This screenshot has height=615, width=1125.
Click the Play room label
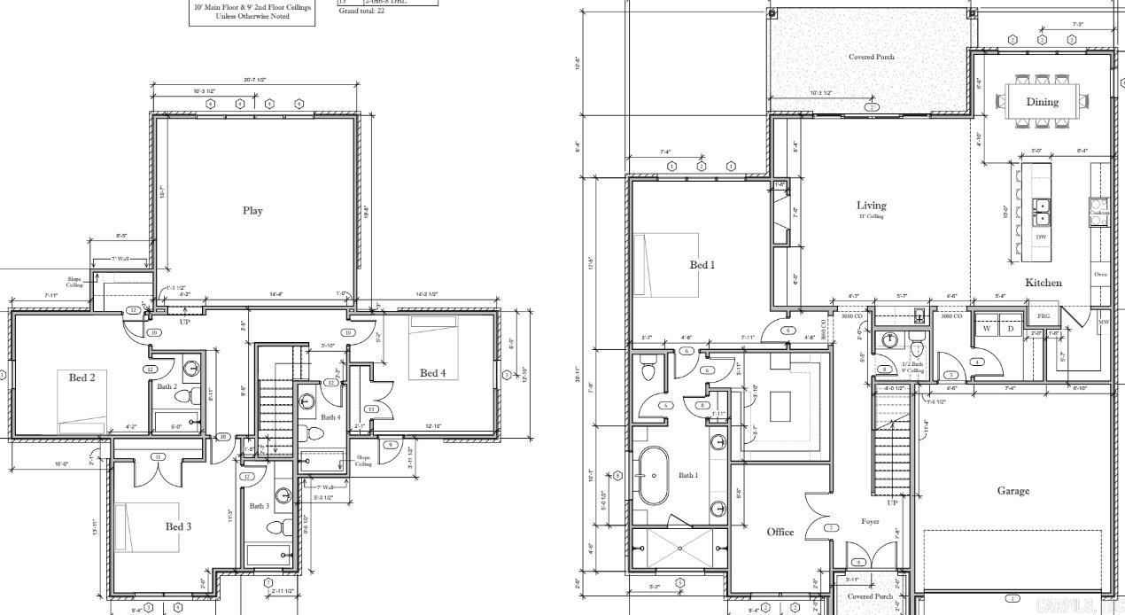tap(252, 211)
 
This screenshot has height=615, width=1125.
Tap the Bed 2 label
tap(83, 378)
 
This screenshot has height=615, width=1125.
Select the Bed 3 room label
tap(178, 526)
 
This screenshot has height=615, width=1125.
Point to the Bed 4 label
tap(438, 373)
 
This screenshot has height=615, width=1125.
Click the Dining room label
tap(1042, 102)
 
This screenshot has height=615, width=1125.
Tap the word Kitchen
tap(1044, 283)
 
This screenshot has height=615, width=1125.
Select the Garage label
tap(1012, 491)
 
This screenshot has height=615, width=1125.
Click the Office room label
tap(780, 532)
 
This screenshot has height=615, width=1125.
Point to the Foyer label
tap(870, 522)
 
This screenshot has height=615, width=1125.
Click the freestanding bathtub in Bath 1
tap(653, 475)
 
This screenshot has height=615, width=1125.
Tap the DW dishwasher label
tap(1041, 237)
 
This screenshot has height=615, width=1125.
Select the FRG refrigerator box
tap(1044, 315)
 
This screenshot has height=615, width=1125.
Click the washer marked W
tap(986, 328)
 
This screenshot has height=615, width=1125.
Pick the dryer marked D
tap(1010, 328)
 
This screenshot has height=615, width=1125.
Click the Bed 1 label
tap(702, 265)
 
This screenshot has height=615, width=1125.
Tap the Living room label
tap(871, 206)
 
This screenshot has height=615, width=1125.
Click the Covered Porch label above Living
tap(871, 57)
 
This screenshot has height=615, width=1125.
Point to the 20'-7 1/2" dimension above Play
tap(255, 80)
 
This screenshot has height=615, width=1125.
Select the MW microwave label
tap(1104, 322)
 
